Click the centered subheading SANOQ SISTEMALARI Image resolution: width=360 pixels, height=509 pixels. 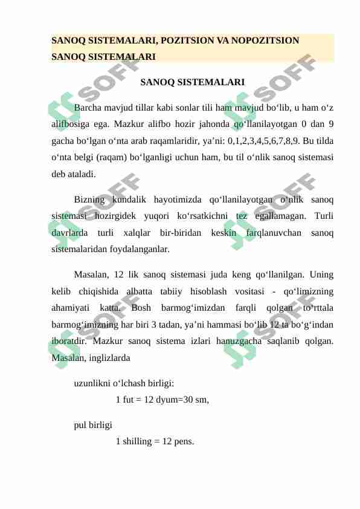coord(192,82)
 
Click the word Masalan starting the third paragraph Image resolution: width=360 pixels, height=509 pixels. coord(91,276)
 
